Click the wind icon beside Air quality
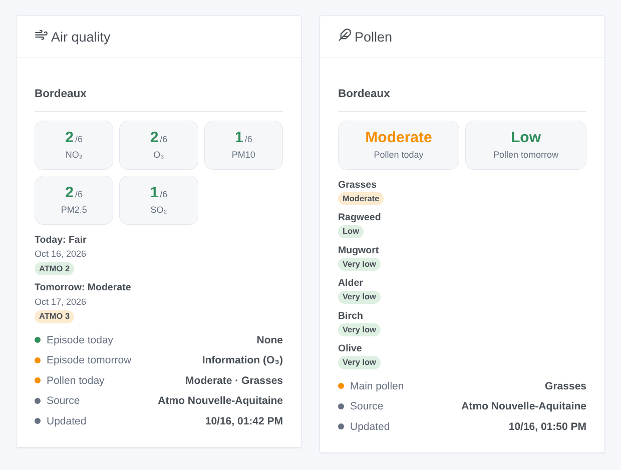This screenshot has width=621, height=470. tap(41, 36)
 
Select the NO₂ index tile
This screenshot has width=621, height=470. tap(74, 145)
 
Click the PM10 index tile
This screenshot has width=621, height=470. tap(243, 145)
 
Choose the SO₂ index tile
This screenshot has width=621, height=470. tap(159, 200)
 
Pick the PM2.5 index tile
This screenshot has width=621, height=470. tap(74, 200)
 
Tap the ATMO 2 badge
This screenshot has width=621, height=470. tap(54, 268)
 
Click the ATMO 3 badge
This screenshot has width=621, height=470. tap(54, 316)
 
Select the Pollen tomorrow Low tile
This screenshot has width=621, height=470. tap(526, 145)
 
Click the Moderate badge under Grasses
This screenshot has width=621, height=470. tap(361, 199)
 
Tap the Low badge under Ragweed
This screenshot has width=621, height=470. tap(351, 231)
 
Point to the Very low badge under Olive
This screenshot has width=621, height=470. tap(359, 362)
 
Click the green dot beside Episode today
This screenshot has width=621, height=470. tap(38, 340)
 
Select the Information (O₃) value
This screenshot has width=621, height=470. tap(242, 360)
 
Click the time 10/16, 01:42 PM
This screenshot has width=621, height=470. tap(244, 421)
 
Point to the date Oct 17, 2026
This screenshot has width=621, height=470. tap(60, 302)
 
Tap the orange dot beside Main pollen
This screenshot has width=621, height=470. tap(341, 386)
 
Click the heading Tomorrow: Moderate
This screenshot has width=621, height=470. tap(83, 287)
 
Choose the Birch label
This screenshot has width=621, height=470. tap(350, 315)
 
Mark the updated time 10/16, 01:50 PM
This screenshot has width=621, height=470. tap(547, 426)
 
